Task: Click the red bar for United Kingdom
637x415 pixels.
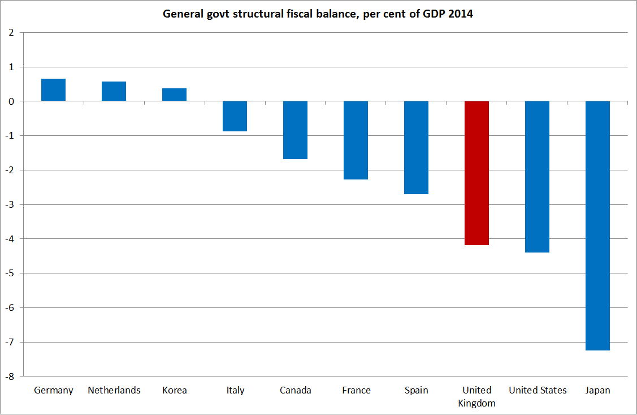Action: (476, 173)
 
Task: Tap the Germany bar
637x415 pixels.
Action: (54, 90)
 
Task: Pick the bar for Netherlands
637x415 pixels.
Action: (114, 91)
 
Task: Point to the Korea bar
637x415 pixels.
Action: (174, 95)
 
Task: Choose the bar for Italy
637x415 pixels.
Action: (235, 116)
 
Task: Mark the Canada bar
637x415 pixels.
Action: (295, 130)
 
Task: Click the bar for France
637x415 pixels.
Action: (356, 140)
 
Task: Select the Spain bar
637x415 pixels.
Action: (416, 147)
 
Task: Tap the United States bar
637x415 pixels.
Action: (537, 177)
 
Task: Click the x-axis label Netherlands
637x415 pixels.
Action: (114, 391)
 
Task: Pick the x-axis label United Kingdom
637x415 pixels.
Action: (477, 397)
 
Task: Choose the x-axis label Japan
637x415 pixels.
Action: (597, 391)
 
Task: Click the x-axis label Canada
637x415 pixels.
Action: (296, 391)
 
